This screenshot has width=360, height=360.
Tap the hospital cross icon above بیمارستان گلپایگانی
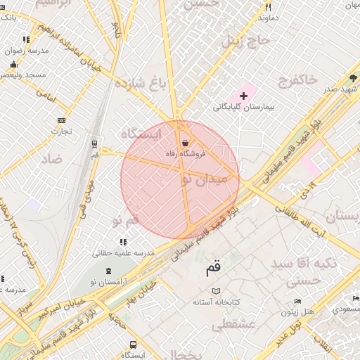(244, 95)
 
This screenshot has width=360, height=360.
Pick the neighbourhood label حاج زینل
(246, 41)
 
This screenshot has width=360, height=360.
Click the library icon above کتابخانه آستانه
(217, 290)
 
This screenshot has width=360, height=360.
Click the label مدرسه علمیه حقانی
(124, 252)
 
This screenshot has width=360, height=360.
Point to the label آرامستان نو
(109, 281)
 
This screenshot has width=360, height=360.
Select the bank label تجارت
(62, 131)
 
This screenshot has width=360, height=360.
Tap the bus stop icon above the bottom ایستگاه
(133, 345)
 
